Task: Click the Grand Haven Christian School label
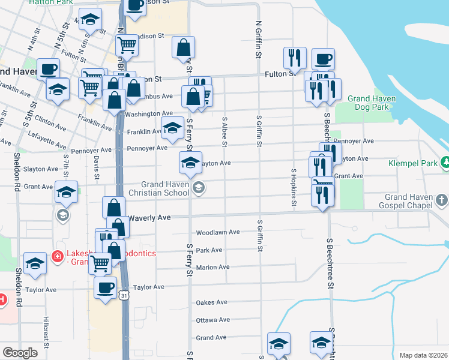[x=165, y=188]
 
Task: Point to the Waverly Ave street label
[x=150, y=217]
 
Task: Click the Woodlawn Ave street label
[x=218, y=232]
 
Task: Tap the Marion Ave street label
[x=212, y=267]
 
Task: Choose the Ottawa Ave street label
[x=213, y=320]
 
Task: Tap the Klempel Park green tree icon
[x=445, y=162]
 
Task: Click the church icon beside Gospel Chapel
[x=441, y=199]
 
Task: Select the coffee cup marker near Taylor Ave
[x=106, y=287]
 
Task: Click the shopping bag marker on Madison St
[x=183, y=47]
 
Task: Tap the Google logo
[x=20, y=353]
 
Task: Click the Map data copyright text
[x=423, y=355]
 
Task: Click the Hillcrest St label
[x=45, y=332]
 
